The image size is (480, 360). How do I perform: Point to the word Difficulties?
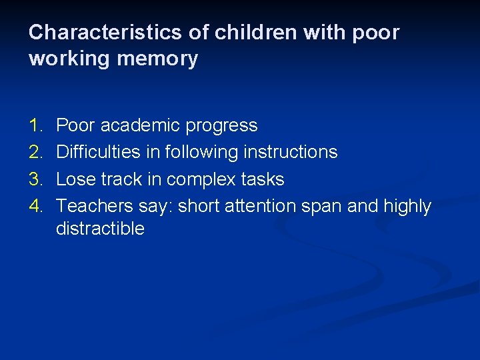[97, 152]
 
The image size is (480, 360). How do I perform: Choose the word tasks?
[265, 179]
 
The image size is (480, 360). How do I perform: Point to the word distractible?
[100, 229]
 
